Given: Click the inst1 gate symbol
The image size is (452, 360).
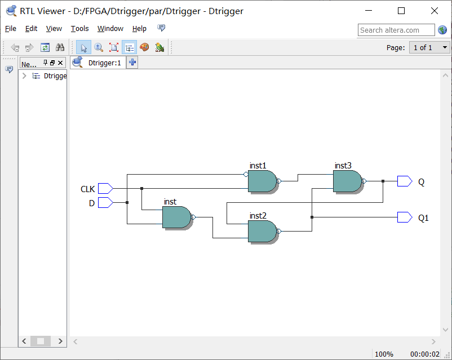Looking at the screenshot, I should click(x=262, y=181).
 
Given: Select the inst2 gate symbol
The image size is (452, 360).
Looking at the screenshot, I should click(x=262, y=231).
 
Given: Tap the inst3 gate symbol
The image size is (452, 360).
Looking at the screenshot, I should click(x=347, y=181).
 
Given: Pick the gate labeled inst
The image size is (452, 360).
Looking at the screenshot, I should click(x=176, y=217).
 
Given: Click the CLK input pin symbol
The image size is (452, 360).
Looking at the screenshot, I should click(x=105, y=188).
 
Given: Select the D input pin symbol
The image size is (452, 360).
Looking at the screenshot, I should click(x=105, y=202).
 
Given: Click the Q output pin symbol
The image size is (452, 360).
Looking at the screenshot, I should click(x=404, y=181).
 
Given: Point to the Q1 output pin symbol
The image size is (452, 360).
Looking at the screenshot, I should click(x=404, y=217).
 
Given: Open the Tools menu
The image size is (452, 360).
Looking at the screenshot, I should click(x=79, y=29).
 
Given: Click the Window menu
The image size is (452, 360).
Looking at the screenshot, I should click(x=110, y=29).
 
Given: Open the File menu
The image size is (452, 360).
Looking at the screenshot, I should click(x=11, y=29).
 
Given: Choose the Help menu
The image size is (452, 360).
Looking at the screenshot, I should click(x=139, y=29).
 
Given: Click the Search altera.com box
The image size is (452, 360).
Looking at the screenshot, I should click(x=396, y=30).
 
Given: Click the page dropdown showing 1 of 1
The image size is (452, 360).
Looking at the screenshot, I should click(x=429, y=48).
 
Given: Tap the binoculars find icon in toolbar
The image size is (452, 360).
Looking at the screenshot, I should click(x=60, y=48).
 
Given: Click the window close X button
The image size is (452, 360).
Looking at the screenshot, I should click(x=435, y=11).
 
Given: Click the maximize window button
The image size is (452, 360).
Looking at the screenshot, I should click(x=401, y=11).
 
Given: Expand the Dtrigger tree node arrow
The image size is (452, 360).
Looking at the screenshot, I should click(x=24, y=76).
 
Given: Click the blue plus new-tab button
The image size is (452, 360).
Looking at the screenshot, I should click(x=132, y=63).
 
